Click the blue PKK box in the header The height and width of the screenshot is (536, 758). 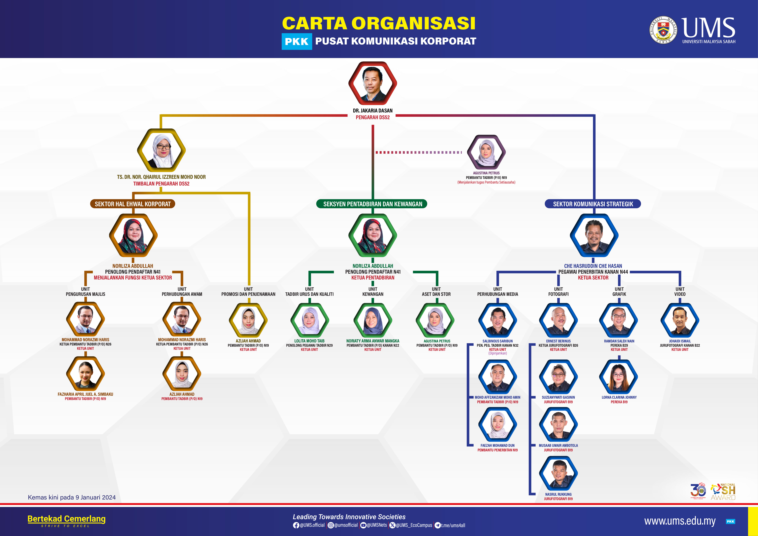click(296, 42)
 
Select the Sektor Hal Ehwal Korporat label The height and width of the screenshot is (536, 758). click(133, 204)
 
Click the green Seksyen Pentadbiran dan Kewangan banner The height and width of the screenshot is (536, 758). click(372, 204)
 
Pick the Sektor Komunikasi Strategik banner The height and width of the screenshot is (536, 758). click(593, 204)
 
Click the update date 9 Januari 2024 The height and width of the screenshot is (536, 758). click(72, 497)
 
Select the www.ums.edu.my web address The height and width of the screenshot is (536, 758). click(680, 521)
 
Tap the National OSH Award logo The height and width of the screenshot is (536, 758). click(723, 492)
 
